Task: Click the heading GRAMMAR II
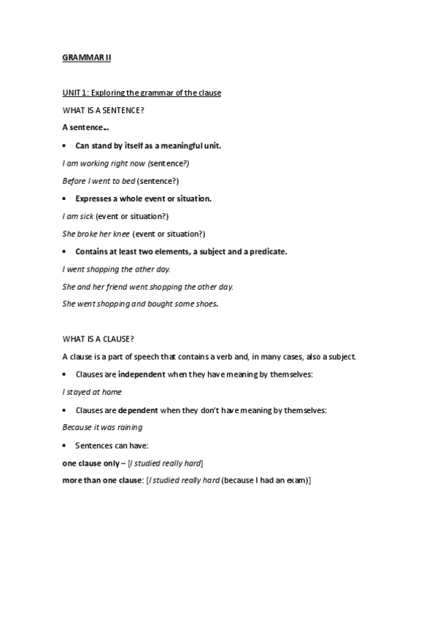tap(85, 56)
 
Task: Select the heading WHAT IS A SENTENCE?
tap(97, 110)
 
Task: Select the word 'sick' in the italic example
tap(86, 216)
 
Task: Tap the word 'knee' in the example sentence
tap(120, 234)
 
